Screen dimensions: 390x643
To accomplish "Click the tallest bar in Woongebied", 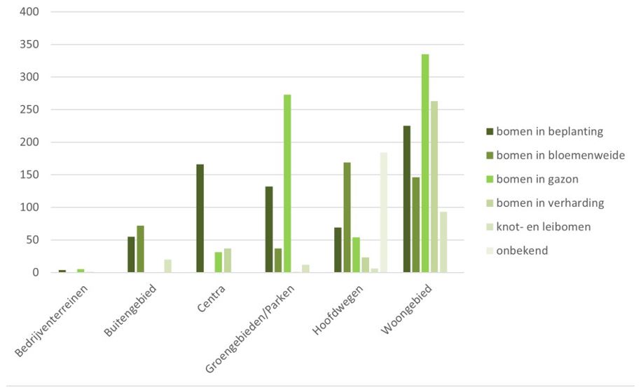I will click(x=425, y=163).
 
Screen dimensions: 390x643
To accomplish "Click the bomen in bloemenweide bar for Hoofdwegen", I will click(x=347, y=217).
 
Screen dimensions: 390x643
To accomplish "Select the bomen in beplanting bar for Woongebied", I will click(x=407, y=199).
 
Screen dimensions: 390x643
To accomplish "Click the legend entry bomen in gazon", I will click(x=537, y=179).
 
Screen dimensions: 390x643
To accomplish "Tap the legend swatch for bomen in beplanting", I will click(x=490, y=131).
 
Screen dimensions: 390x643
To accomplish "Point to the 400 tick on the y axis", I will click(x=29, y=12).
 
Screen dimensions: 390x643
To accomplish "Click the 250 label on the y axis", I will click(x=29, y=110).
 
